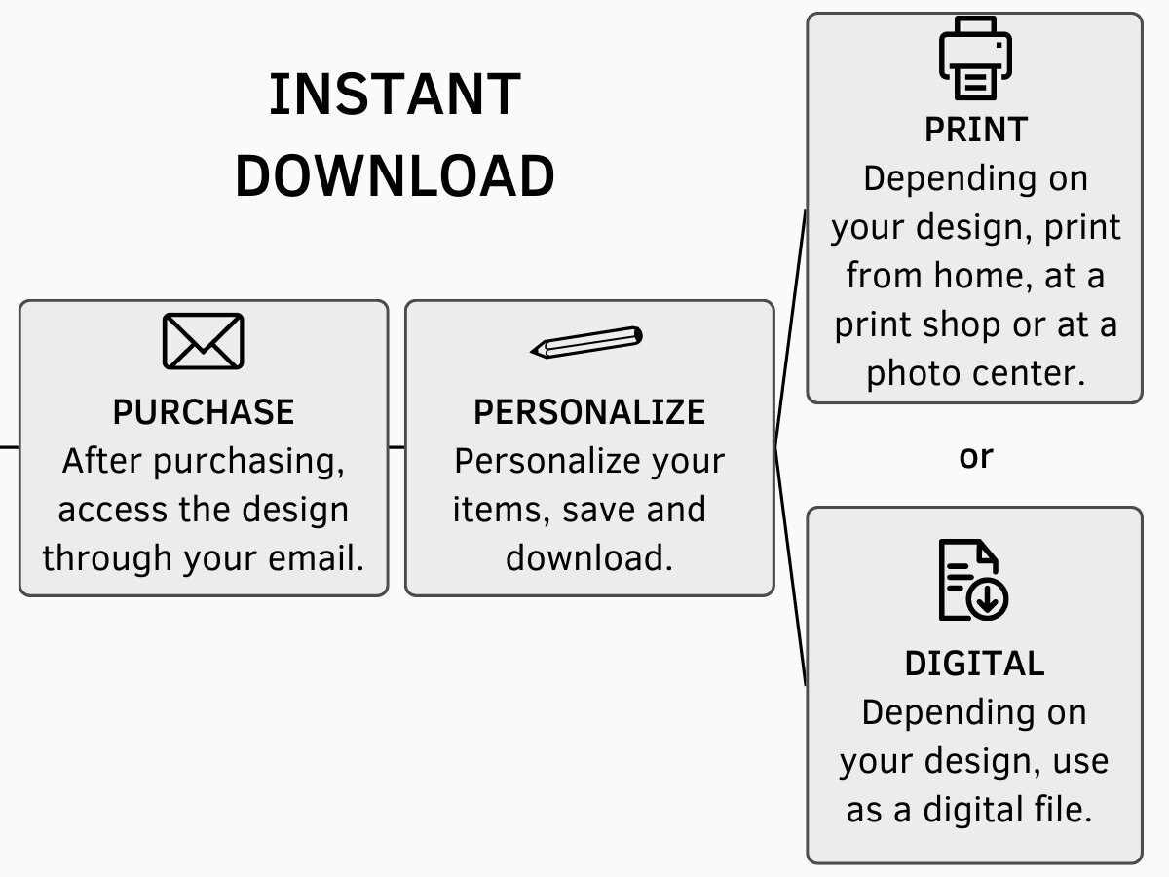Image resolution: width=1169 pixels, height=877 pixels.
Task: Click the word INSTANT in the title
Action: pos(395,95)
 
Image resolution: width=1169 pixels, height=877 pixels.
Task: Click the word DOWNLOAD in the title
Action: pos(395,175)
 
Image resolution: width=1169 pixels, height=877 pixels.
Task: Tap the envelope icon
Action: pos(203,341)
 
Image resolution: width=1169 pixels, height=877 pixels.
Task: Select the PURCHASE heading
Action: pos(203,411)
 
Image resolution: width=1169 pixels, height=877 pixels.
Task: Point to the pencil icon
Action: pos(586,342)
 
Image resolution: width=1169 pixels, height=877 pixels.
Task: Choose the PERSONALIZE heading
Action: pos(589,411)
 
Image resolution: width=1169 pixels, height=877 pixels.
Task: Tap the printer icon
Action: pos(975,58)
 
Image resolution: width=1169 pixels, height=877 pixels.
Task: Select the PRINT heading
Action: pos(976,130)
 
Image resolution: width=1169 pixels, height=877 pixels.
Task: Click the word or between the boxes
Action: pos(976,457)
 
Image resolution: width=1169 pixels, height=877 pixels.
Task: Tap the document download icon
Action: pos(973,580)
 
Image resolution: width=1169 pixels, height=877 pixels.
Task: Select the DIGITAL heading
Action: pos(974,664)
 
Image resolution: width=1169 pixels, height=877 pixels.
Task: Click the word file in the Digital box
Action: pos(1064,810)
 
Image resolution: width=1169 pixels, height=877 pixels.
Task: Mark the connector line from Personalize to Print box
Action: pos(790,327)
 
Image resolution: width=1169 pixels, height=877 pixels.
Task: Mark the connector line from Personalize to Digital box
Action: pos(790,566)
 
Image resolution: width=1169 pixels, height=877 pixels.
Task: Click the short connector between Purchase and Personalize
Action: pos(396,447)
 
